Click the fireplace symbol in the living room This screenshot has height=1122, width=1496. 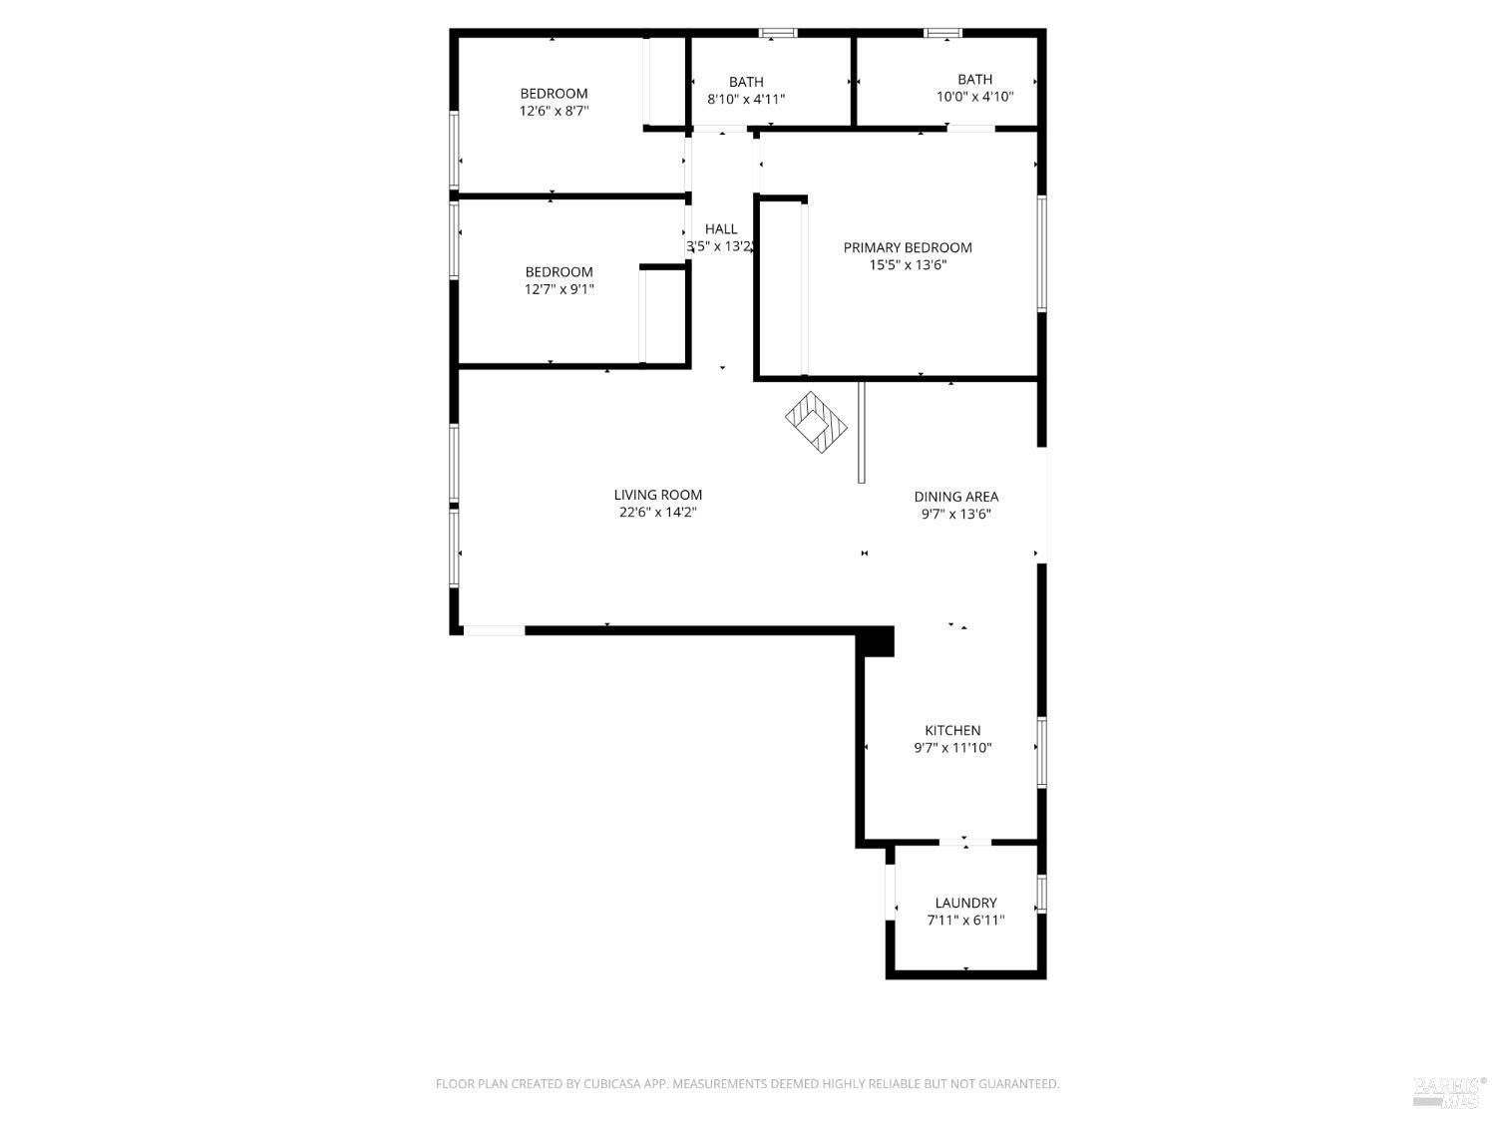pyautogui.click(x=816, y=422)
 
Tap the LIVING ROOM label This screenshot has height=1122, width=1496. pyautogui.click(x=657, y=495)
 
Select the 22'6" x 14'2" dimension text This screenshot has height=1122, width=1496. pyautogui.click(x=657, y=513)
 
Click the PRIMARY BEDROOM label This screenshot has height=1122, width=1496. pyautogui.click(x=908, y=247)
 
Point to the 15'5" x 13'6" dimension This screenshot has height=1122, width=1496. pyautogui.click(x=908, y=265)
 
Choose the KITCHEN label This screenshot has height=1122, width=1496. pyautogui.click(x=952, y=730)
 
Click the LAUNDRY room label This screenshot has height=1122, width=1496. pyautogui.click(x=965, y=903)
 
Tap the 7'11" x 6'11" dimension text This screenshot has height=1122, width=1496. pyautogui.click(x=965, y=921)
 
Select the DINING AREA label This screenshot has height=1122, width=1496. pyautogui.click(x=955, y=497)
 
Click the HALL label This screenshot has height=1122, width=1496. pyautogui.click(x=721, y=229)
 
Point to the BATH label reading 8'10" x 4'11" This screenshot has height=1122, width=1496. pyautogui.click(x=746, y=82)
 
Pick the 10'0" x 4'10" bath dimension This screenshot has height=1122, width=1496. pyautogui.click(x=974, y=97)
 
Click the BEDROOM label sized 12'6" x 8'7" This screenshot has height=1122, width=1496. pyautogui.click(x=554, y=94)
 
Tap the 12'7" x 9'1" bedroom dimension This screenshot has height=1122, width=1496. pyautogui.click(x=560, y=289)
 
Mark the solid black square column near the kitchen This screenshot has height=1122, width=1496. pyautogui.click(x=877, y=641)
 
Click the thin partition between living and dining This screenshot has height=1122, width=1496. pyautogui.click(x=861, y=431)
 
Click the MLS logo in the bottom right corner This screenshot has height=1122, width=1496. pyautogui.click(x=1449, y=1091)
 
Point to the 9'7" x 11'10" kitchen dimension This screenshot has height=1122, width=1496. pyautogui.click(x=952, y=748)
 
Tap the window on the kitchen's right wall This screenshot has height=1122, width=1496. pyautogui.click(x=1041, y=752)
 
